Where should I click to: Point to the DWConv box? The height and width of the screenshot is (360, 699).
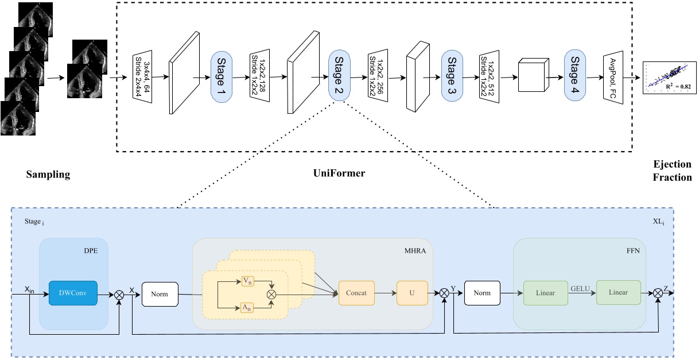72,293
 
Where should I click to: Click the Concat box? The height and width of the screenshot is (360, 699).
356,293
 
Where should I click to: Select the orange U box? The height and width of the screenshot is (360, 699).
411,293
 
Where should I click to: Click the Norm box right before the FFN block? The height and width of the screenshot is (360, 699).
483,293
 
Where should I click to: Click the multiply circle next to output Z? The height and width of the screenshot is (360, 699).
658,293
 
